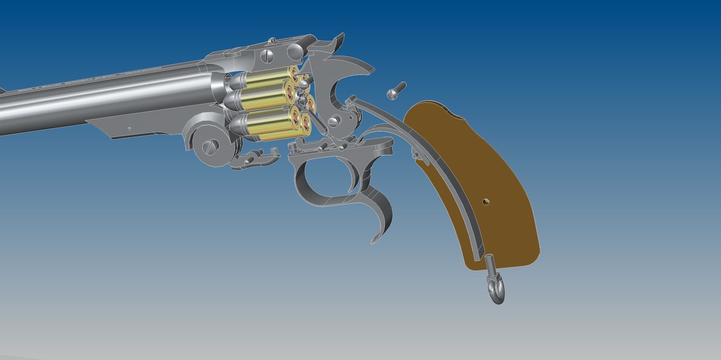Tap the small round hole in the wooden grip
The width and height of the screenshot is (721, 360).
coord(486,202)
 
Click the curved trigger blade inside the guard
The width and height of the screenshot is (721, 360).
coord(355,176)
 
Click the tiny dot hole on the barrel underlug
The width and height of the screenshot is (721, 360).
coord(130,128)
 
